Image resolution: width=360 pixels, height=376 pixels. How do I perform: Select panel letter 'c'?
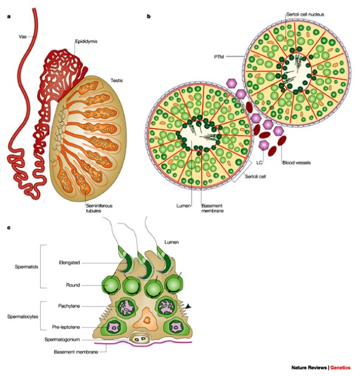[8, 228]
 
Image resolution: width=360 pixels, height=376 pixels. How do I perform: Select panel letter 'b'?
[149, 16]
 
